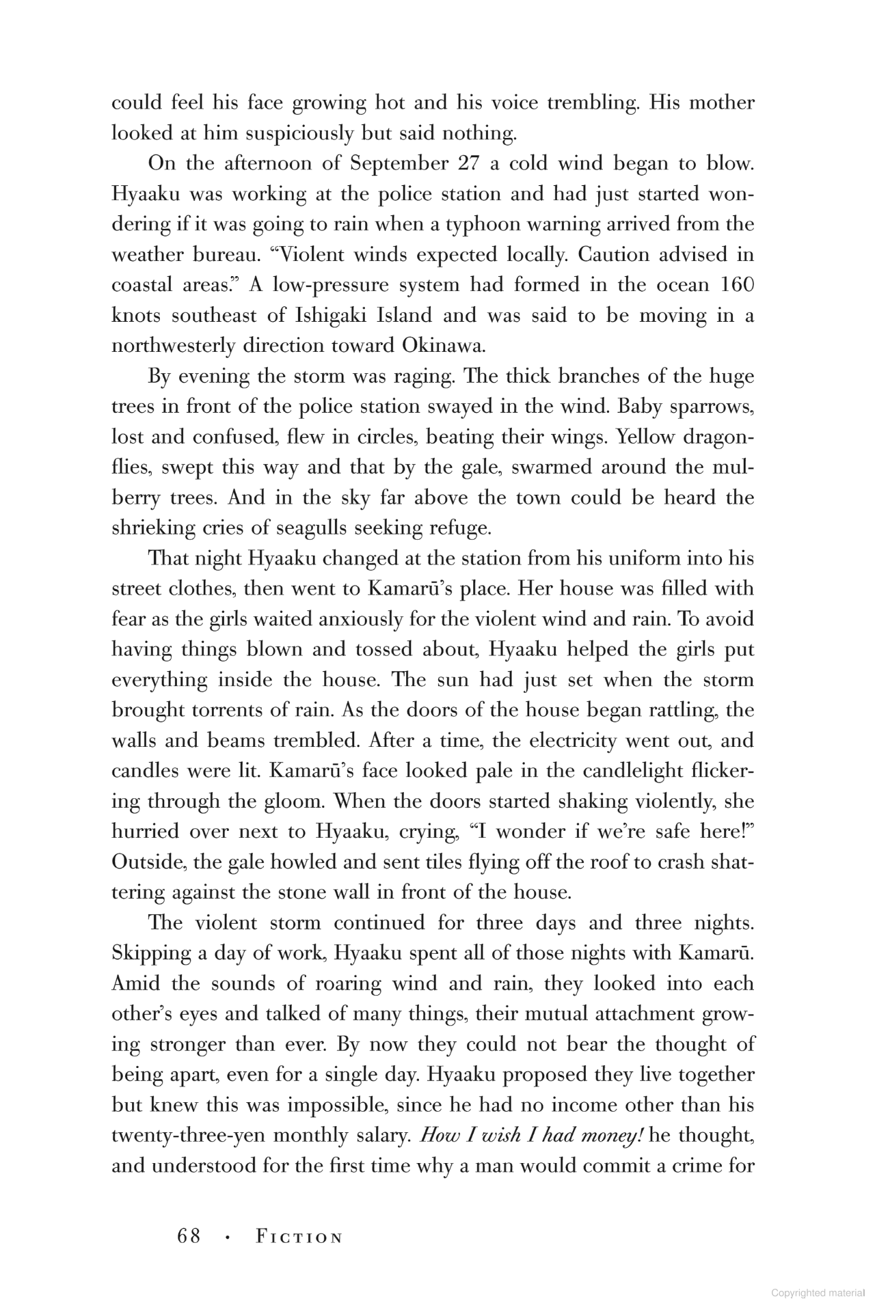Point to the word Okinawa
444,346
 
